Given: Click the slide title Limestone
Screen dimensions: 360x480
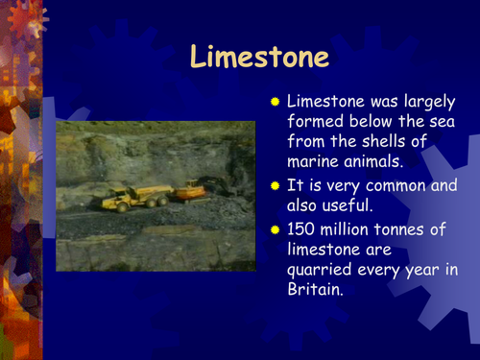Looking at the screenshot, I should coord(259,57).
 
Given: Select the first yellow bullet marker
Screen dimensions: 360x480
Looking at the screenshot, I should coord(275,101).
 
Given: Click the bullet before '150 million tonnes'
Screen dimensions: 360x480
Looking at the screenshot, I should coord(275,229).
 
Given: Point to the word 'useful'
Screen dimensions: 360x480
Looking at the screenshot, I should coord(352,204).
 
